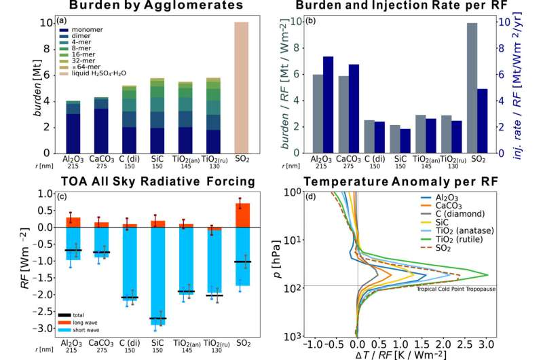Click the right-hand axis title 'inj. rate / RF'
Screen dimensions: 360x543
(x=533, y=85)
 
